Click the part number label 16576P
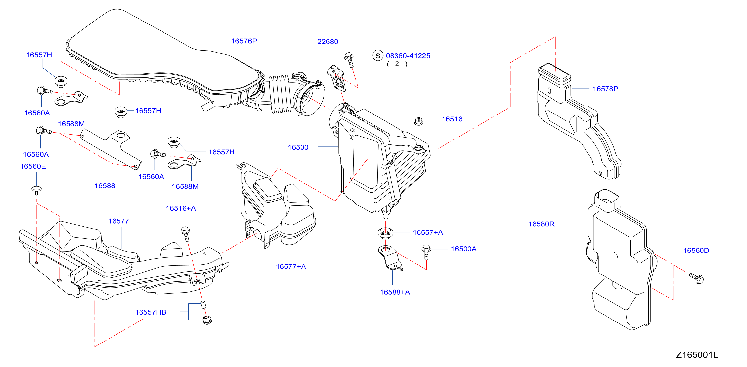244,41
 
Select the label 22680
328,42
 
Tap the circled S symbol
377,56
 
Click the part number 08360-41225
408,56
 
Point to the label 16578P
605,89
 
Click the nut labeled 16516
419,121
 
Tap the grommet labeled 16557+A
385,233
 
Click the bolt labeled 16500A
426,252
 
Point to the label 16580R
541,224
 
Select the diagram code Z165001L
697,355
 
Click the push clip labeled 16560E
37,190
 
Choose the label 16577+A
291,266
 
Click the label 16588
105,185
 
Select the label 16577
118,221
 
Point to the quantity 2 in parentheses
397,64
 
